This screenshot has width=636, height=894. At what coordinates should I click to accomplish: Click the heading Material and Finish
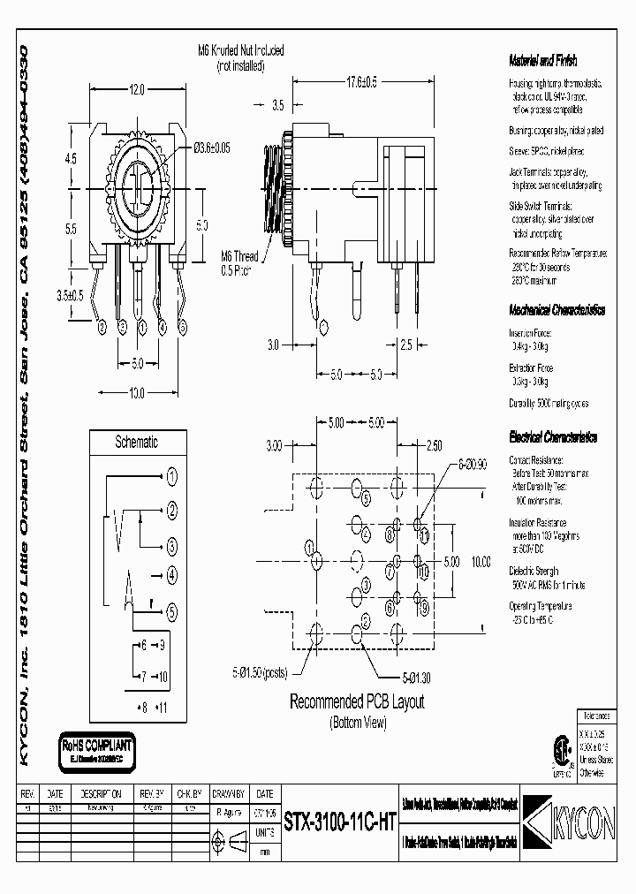click(x=542, y=61)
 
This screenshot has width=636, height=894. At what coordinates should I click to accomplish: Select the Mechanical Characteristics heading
click(x=556, y=311)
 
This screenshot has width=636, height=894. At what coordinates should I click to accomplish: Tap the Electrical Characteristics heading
click(x=553, y=437)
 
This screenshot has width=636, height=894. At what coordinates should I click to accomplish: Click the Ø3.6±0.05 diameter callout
click(x=212, y=148)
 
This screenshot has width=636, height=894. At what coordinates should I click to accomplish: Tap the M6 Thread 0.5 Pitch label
click(x=237, y=262)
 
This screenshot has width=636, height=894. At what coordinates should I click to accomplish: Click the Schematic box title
click(x=137, y=442)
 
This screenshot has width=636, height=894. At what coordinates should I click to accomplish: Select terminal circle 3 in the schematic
click(x=171, y=545)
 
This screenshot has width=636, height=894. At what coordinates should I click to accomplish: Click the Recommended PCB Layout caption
click(x=357, y=702)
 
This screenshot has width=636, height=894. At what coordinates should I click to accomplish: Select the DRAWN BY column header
click(x=229, y=794)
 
